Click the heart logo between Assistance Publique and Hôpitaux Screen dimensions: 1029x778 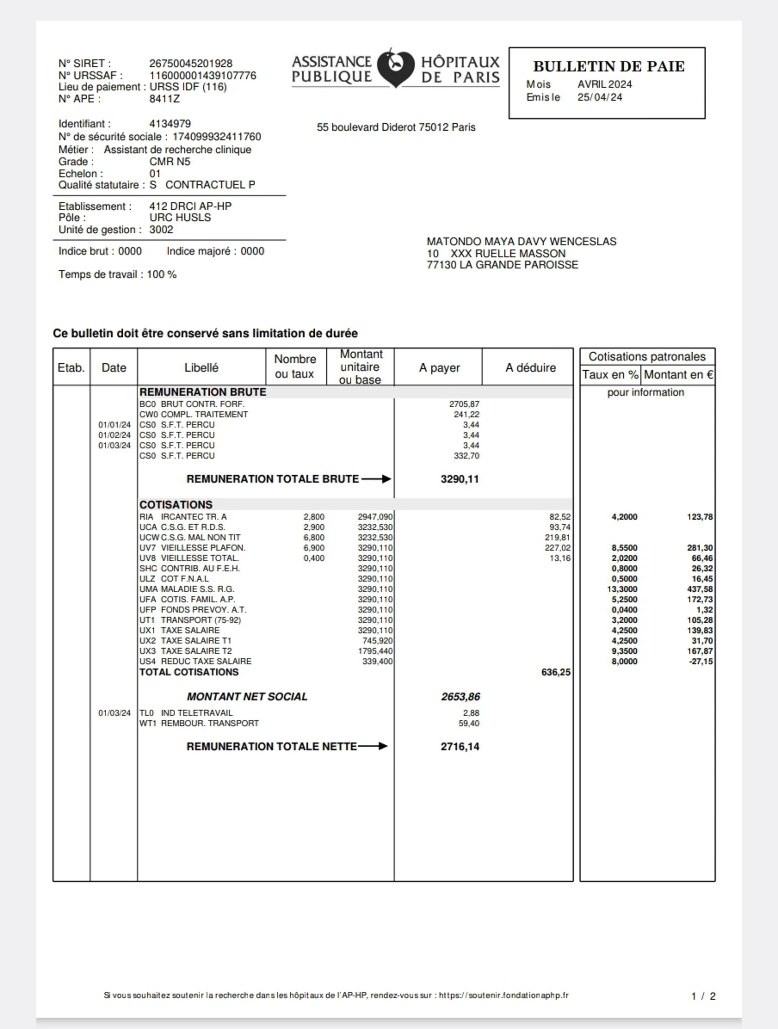tap(396, 68)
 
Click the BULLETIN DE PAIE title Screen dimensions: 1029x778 tap(609, 66)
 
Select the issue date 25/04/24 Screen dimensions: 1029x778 tap(600, 97)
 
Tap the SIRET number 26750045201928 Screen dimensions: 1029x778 tap(191, 63)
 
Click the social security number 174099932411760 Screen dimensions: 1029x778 tap(217, 137)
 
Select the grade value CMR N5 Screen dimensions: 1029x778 tap(170, 161)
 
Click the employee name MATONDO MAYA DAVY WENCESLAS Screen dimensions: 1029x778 tap(521, 241)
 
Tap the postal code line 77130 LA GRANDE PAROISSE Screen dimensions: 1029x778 tap(502, 265)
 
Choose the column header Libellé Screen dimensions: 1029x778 tap(201, 367)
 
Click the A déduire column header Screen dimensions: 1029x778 tap(531, 367)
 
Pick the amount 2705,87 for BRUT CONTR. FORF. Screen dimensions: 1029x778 tap(464, 404)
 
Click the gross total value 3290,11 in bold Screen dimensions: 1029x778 tap(460, 479)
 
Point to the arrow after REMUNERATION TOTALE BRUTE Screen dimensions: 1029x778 tap(376, 479)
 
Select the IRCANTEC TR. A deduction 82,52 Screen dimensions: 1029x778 tap(560, 517)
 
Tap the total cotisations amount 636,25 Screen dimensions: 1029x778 tap(555, 672)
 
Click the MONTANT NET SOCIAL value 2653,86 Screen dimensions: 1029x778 tap(461, 697)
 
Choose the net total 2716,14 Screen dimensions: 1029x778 tap(460, 747)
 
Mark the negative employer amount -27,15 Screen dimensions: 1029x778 tap(701, 661)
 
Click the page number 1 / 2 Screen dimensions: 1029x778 tap(703, 996)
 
